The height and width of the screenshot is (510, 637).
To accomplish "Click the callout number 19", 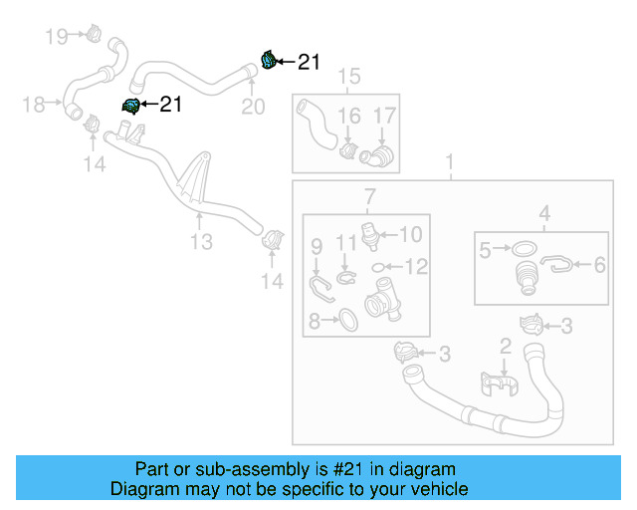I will (x=56, y=37).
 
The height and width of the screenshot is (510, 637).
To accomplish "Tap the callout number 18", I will (x=34, y=104).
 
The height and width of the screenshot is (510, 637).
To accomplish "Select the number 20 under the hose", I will (x=253, y=107).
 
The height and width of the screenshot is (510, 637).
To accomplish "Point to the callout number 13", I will (x=201, y=242).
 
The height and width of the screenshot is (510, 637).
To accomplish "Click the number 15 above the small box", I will (x=347, y=77).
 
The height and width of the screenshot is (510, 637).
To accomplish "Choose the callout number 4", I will (x=544, y=212).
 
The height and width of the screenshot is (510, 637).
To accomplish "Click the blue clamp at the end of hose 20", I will (x=268, y=60).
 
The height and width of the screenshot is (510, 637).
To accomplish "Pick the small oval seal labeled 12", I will (x=379, y=266).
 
